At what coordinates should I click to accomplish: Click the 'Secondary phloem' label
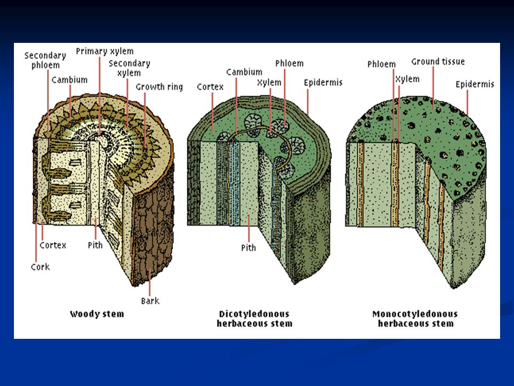click(x=45, y=60)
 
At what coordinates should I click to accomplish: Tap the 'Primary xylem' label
click(x=104, y=51)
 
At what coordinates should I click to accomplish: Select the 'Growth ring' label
click(x=159, y=87)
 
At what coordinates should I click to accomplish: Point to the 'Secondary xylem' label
click(x=129, y=68)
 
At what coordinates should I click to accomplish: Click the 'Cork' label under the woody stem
click(x=40, y=267)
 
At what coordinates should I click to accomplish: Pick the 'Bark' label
click(x=150, y=301)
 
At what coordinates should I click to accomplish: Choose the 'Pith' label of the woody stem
click(x=95, y=245)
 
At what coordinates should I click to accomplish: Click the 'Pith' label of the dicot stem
click(x=248, y=248)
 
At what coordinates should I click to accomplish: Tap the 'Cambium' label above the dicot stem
click(x=244, y=72)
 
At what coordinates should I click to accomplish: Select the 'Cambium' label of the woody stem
click(x=70, y=80)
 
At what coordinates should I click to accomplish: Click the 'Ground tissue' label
click(x=438, y=62)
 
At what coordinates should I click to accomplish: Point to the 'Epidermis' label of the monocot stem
click(x=475, y=84)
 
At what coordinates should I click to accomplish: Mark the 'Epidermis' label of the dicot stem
click(x=323, y=83)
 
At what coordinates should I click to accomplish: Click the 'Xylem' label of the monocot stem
click(x=407, y=79)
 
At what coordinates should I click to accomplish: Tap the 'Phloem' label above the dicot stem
click(x=289, y=63)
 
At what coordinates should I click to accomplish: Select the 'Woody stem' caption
click(x=97, y=314)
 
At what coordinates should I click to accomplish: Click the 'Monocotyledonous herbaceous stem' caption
click(x=415, y=318)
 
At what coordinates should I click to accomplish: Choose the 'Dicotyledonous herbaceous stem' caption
click(x=254, y=318)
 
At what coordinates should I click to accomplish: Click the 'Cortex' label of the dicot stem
click(x=210, y=87)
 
